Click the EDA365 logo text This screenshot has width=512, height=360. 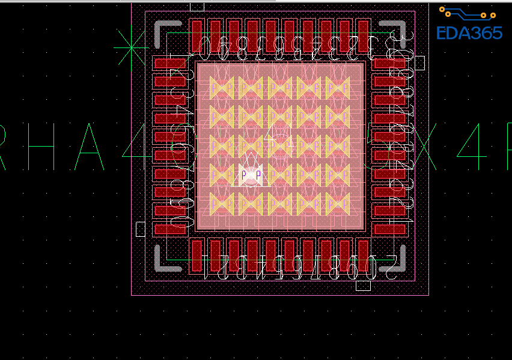469,32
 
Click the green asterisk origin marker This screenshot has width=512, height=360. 131,48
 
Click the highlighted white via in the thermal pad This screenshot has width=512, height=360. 251,175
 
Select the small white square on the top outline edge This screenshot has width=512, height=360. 197,7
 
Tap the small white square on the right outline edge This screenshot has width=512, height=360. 419,63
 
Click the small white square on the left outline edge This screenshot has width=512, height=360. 141,229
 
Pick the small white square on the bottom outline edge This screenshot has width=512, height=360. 363,285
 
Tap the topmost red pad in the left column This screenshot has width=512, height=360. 170,63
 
